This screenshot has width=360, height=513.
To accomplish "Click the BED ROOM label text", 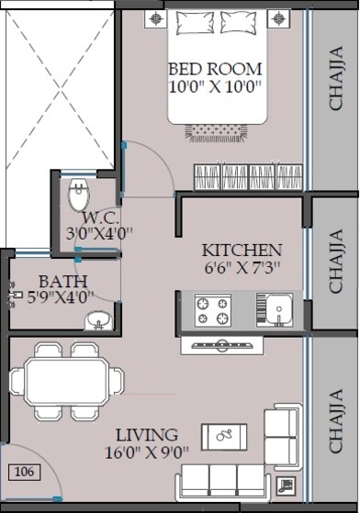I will click(216, 70).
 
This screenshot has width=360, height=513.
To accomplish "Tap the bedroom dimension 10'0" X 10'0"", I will click(216, 88).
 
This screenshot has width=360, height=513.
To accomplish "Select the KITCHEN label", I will click(242, 251).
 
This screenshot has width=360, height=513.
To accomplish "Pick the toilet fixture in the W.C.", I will click(79, 195).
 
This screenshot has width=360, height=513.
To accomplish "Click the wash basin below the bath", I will click(97, 320).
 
